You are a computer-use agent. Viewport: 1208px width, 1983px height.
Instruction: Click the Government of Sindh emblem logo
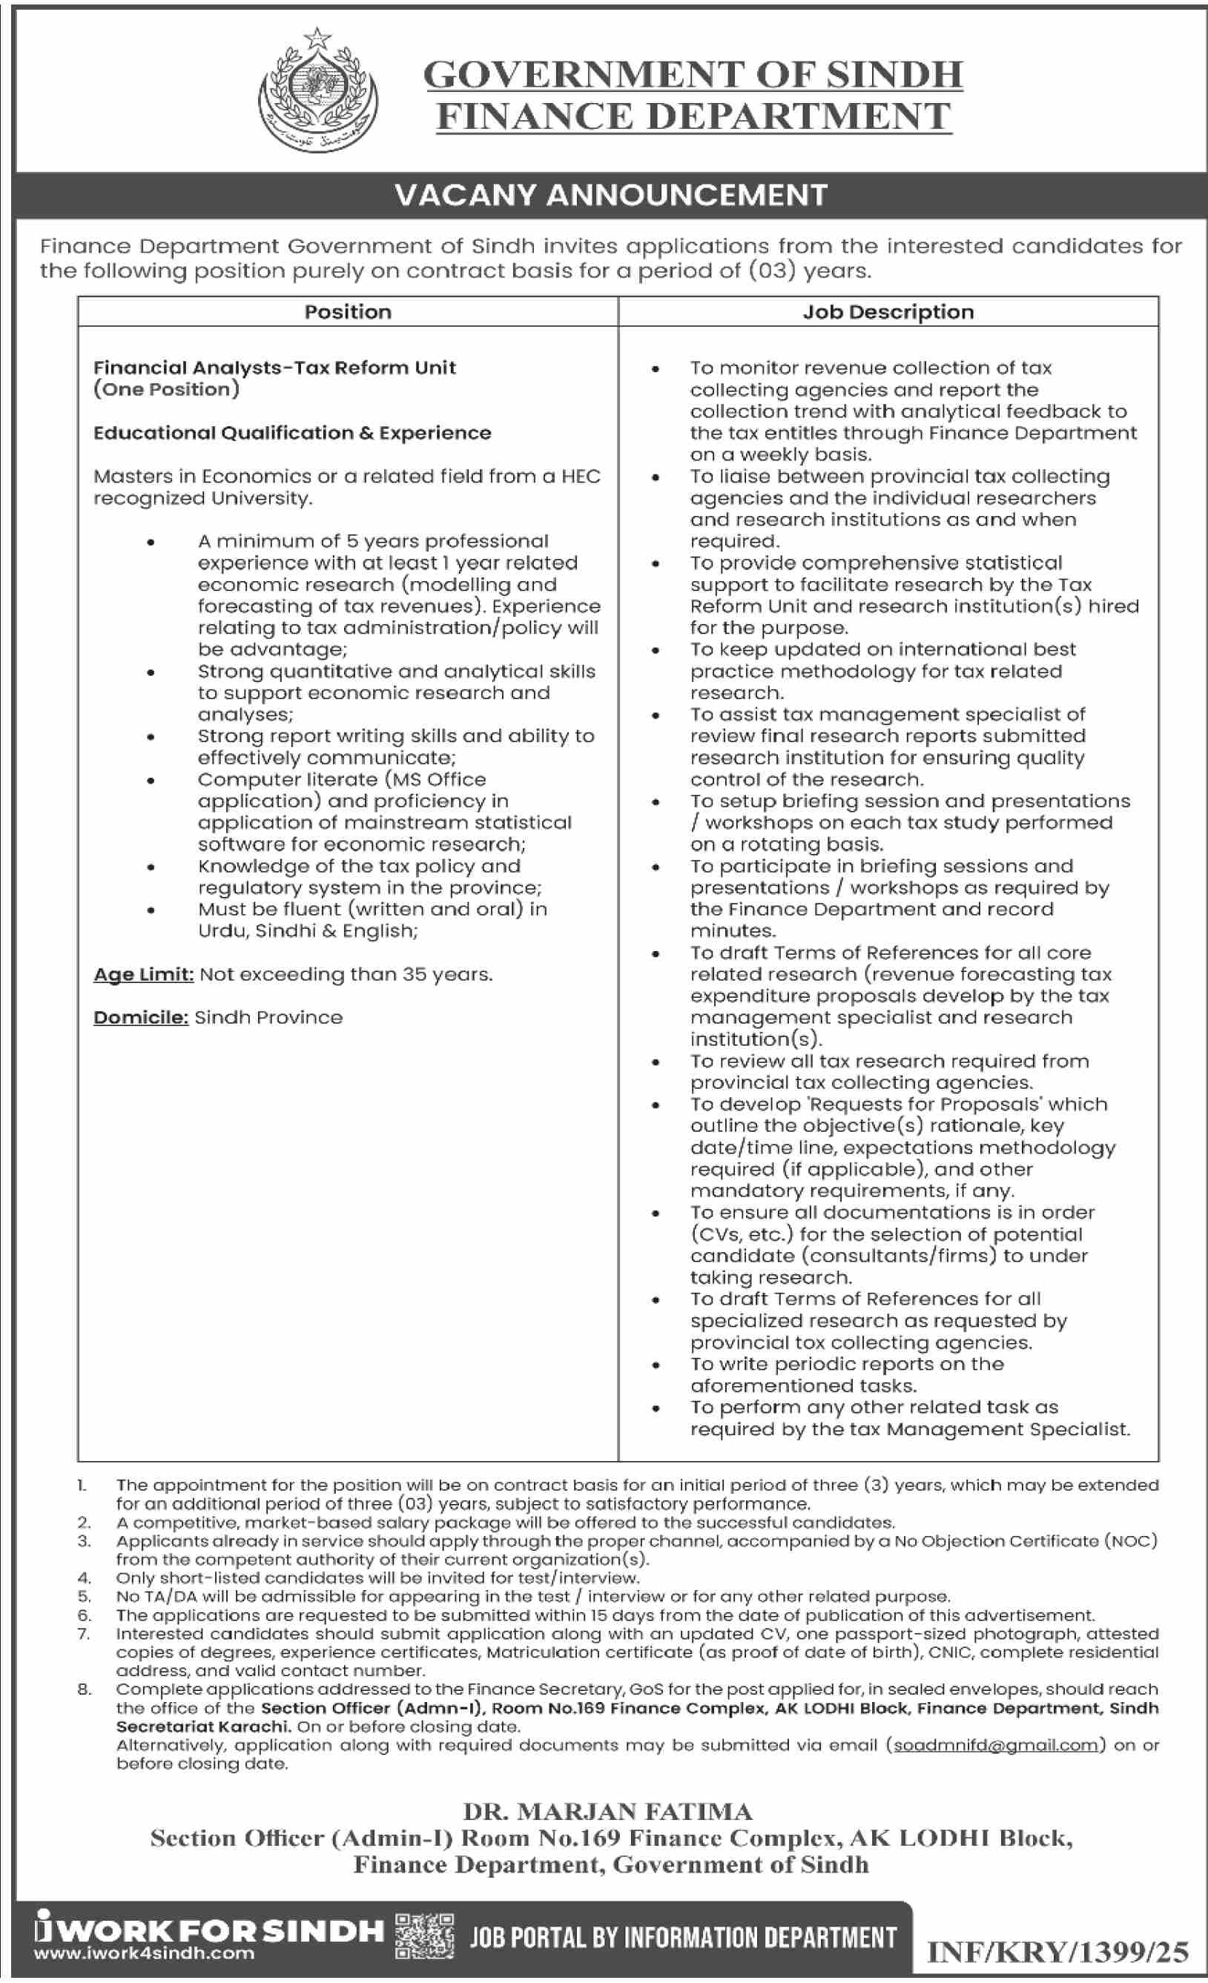coord(318,91)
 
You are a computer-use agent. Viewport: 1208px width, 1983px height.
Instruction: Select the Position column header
coord(348,312)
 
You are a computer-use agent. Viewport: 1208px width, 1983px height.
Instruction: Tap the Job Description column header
coord(888,312)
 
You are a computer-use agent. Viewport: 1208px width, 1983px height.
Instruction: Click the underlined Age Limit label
coord(143,975)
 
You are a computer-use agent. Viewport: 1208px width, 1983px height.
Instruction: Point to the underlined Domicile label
coord(141,1018)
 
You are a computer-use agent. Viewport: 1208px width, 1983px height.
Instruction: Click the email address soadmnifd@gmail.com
coord(995,1745)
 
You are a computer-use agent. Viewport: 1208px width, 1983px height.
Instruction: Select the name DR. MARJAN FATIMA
coord(607,1812)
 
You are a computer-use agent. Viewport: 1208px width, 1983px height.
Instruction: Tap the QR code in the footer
coord(424,1936)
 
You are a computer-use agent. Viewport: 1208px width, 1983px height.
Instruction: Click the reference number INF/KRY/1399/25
coord(1057,1952)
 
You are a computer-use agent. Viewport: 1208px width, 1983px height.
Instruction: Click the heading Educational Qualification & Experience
coord(292,433)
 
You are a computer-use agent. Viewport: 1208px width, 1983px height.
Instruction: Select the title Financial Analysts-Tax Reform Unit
coord(274,368)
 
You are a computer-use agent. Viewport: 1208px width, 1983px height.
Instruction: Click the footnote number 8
coord(84,1689)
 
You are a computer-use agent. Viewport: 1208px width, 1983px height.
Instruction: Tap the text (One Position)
coord(167,389)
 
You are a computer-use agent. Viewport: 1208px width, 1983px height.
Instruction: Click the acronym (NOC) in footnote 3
coord(1131,1541)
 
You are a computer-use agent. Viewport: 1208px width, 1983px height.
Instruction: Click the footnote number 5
coord(84,1597)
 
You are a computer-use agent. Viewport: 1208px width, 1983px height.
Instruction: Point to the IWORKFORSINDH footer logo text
coord(209,1929)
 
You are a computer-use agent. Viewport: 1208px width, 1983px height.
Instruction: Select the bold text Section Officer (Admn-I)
coord(372,1708)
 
